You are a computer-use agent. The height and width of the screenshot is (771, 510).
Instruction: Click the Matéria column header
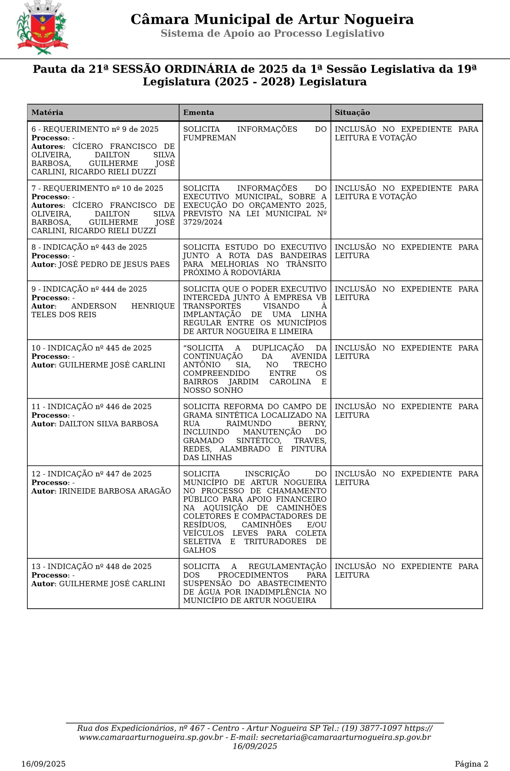(47, 112)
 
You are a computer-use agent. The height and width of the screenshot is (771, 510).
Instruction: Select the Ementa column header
(199, 112)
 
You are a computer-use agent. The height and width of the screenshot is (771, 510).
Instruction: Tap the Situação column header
(352, 112)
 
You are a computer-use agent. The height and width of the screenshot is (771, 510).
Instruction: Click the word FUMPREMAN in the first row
(209, 138)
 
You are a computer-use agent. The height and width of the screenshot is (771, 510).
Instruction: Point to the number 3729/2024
(203, 222)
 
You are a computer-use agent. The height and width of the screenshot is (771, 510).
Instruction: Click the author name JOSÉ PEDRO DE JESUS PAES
(114, 264)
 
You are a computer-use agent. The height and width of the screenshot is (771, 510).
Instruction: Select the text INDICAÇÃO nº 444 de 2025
(95, 289)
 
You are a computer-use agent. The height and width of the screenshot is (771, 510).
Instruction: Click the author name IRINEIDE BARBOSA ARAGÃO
(115, 491)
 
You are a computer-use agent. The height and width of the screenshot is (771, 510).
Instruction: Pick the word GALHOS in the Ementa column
(199, 550)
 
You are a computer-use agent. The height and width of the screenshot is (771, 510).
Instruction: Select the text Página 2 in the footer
(471, 764)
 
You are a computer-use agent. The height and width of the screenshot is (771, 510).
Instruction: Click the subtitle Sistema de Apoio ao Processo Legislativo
(272, 34)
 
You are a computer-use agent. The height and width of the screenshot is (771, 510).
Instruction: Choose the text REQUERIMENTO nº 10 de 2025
(103, 188)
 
